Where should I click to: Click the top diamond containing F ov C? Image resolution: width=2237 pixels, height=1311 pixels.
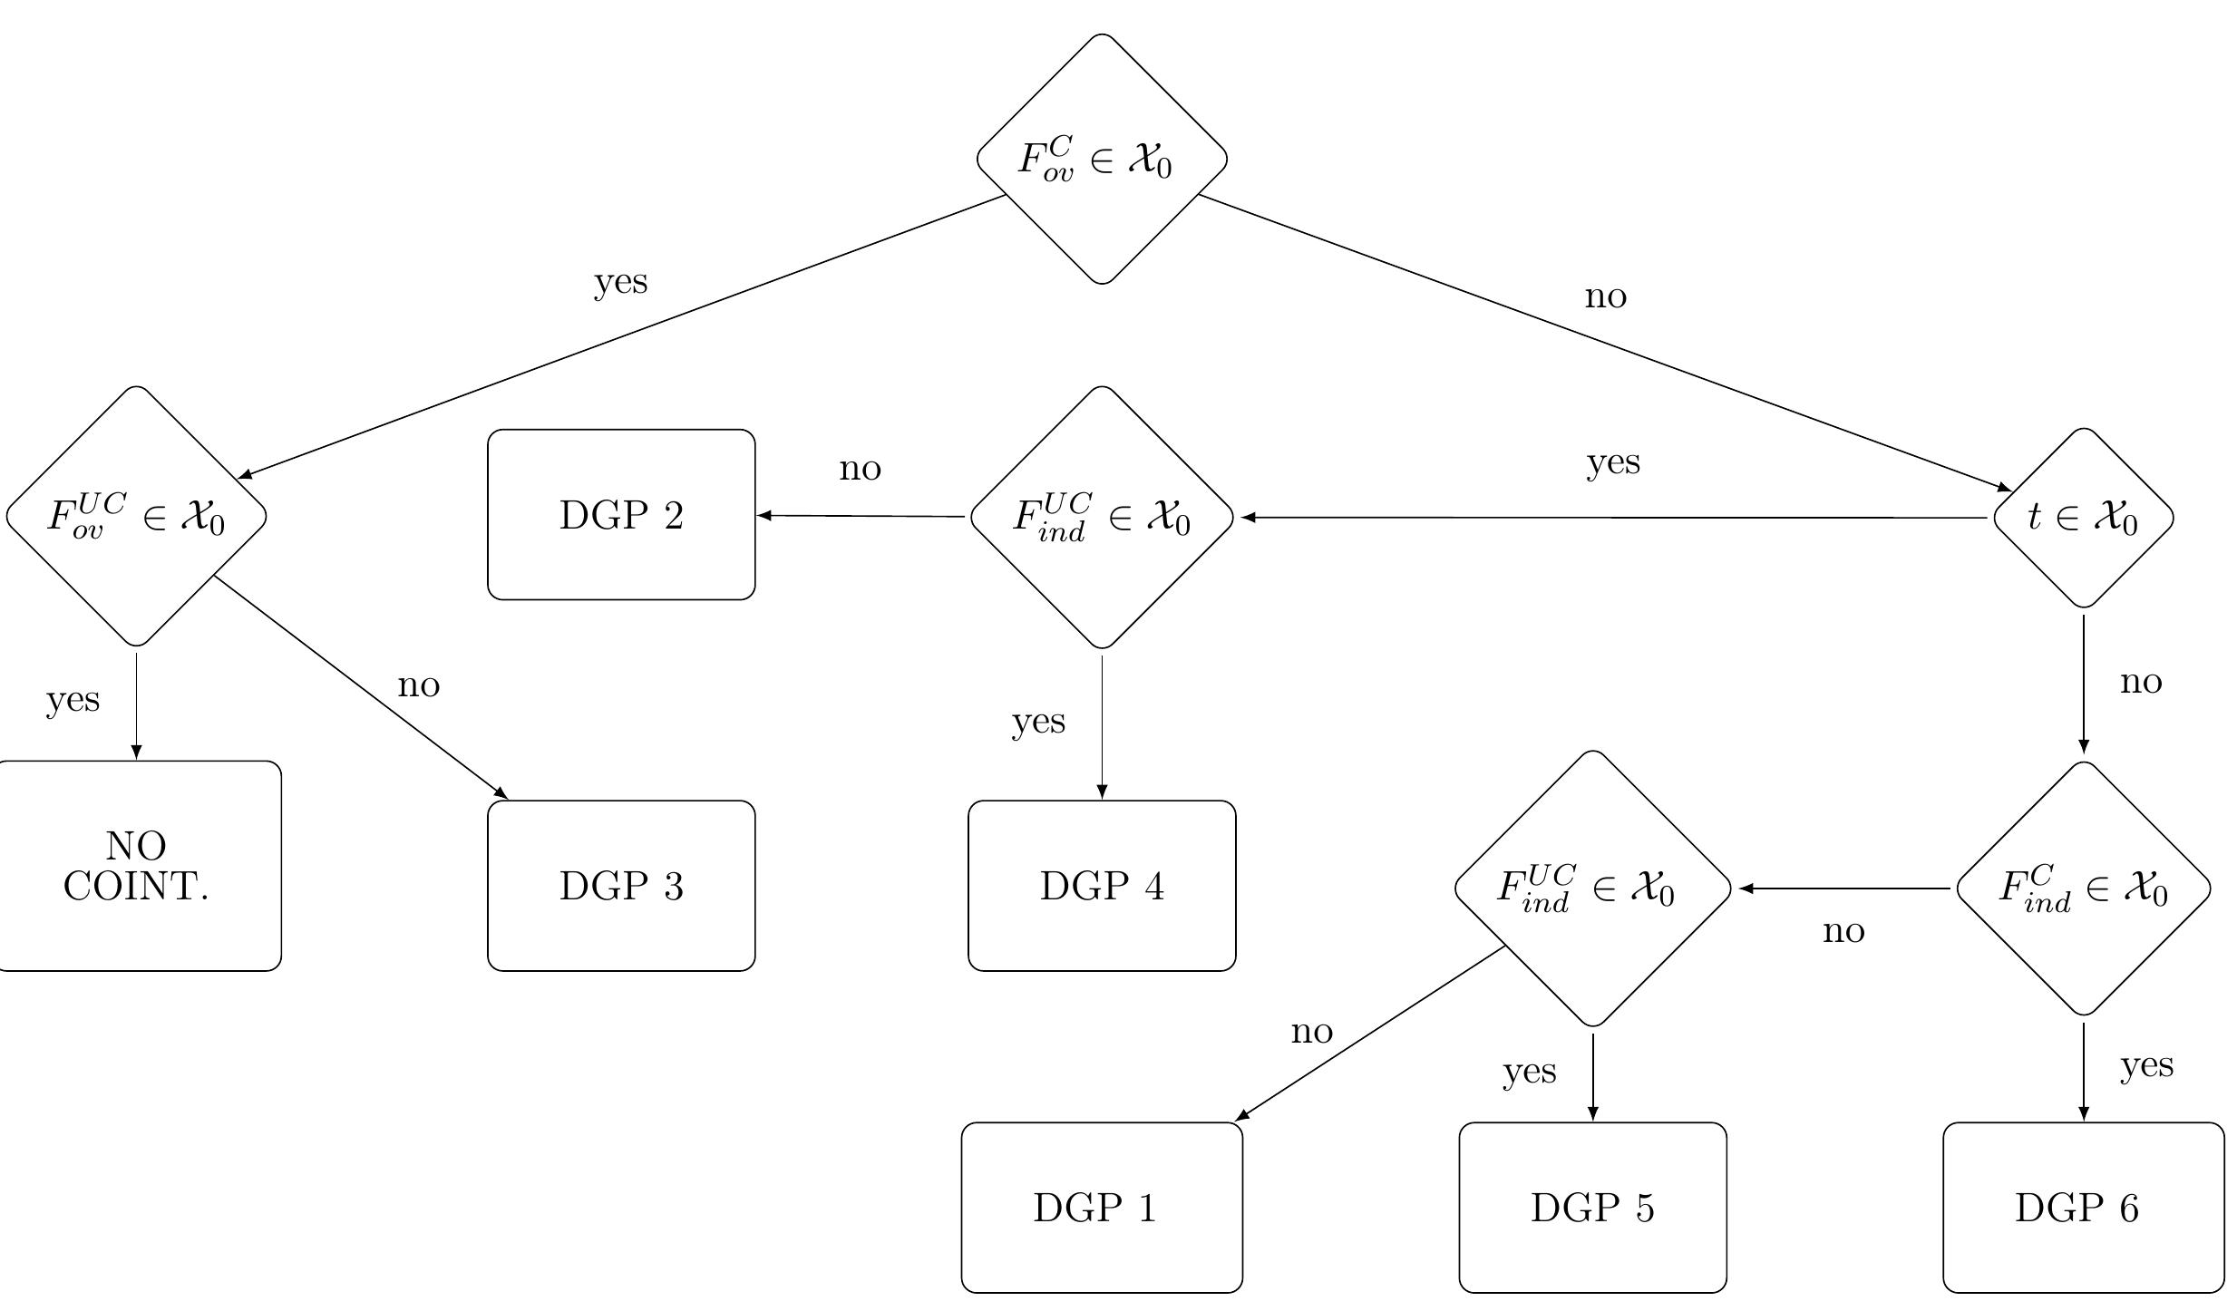pyautogui.click(x=1102, y=159)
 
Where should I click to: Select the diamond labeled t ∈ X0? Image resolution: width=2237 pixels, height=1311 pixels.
pyautogui.click(x=2083, y=518)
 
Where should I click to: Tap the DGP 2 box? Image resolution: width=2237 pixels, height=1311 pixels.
pyautogui.click(x=621, y=515)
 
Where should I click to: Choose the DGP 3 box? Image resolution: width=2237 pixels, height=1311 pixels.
pyautogui.click(x=621, y=886)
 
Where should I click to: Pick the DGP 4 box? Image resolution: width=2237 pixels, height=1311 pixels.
pyautogui.click(x=1102, y=886)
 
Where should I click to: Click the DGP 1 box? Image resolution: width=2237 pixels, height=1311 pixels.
pyautogui.click(x=1101, y=1208)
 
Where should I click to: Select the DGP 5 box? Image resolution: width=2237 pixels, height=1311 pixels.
pyautogui.click(x=1592, y=1208)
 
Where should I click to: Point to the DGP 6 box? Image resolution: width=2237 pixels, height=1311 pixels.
pyautogui.click(x=2083, y=1208)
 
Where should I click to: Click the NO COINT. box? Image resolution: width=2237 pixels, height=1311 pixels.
pyautogui.click(x=136, y=866)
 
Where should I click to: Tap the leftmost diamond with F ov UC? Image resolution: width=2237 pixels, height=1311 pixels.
pyautogui.click(x=136, y=516)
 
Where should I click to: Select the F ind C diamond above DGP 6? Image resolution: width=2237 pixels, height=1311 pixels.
pyautogui.click(x=2083, y=889)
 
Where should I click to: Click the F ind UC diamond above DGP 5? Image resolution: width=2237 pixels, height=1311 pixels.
pyautogui.click(x=1592, y=889)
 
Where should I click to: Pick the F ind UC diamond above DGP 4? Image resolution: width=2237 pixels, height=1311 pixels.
pyautogui.click(x=1102, y=518)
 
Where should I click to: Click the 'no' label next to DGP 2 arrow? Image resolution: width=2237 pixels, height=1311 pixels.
pyautogui.click(x=860, y=469)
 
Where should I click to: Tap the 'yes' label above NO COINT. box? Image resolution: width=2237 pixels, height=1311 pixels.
pyautogui.click(x=73, y=700)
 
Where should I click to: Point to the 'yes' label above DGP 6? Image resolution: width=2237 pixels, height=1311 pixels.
pyautogui.click(x=2146, y=1065)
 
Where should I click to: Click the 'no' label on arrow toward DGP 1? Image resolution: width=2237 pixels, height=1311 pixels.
pyautogui.click(x=1311, y=1032)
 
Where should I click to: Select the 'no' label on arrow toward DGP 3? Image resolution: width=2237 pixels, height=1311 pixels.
pyautogui.click(x=418, y=685)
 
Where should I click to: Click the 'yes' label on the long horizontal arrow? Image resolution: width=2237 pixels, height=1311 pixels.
pyautogui.click(x=1613, y=462)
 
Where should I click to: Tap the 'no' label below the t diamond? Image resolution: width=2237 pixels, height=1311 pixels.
pyautogui.click(x=2141, y=682)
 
